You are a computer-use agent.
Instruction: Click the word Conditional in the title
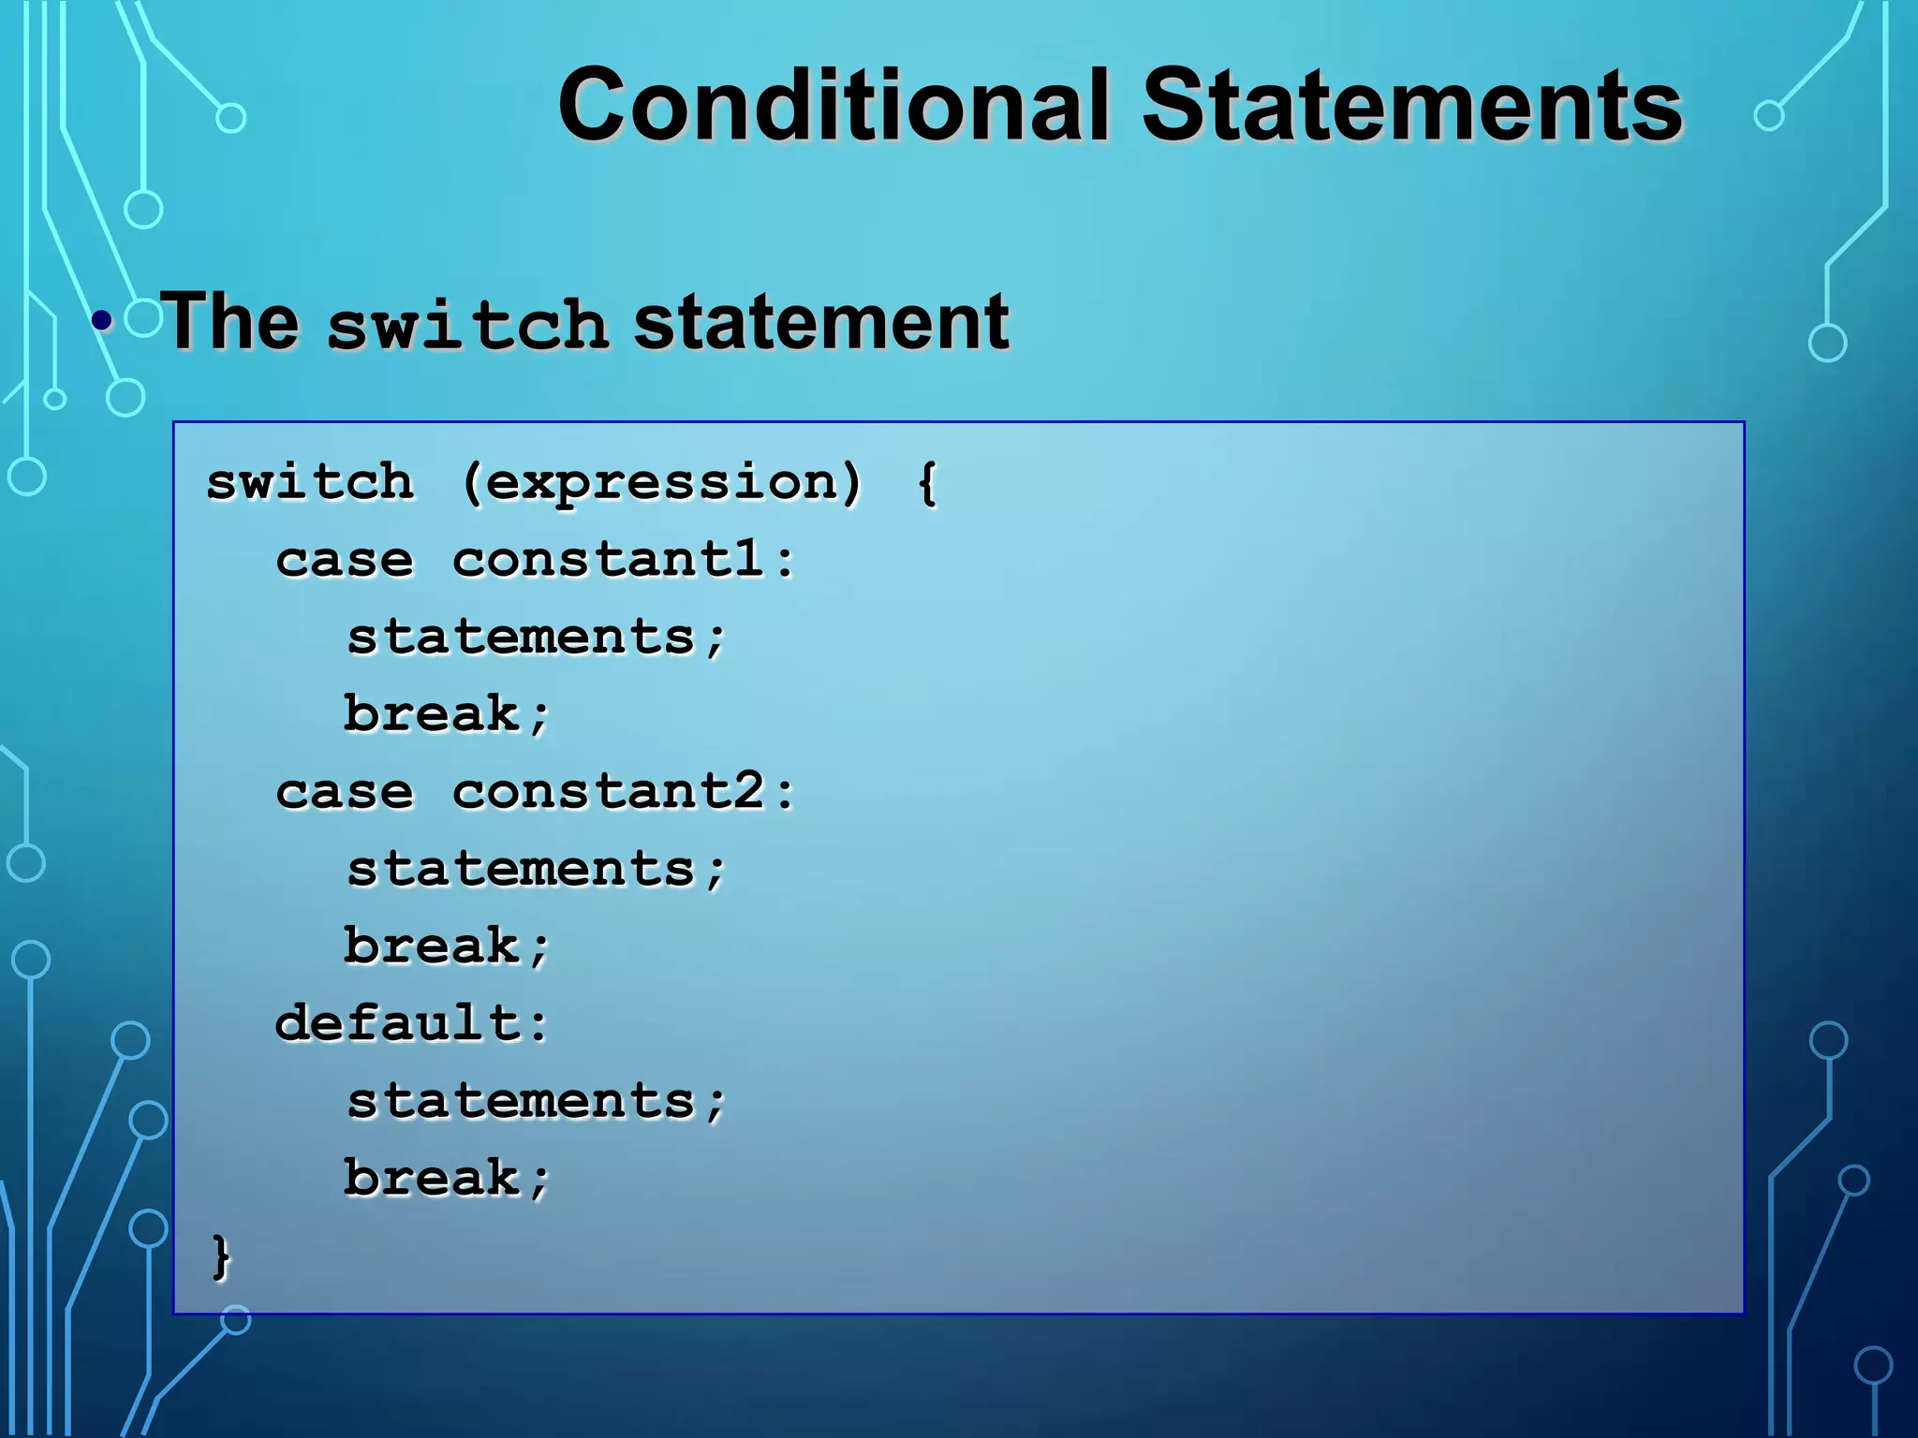point(834,105)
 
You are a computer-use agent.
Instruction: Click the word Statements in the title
point(1411,105)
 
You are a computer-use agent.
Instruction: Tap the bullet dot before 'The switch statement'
point(102,322)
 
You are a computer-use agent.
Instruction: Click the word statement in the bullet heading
point(821,322)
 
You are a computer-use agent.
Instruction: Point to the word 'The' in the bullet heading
point(230,322)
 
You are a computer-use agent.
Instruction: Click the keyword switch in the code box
point(310,482)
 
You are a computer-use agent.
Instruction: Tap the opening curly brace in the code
point(926,484)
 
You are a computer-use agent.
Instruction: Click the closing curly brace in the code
point(221,1255)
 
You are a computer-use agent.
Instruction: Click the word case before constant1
point(344,561)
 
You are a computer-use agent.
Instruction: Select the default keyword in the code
point(398,1022)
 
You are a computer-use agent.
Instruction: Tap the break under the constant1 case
point(432,714)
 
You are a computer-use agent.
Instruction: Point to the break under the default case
point(432,1178)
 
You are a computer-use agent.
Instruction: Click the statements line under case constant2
point(521,869)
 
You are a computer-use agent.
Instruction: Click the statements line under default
point(521,1101)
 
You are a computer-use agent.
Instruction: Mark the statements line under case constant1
point(521,638)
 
